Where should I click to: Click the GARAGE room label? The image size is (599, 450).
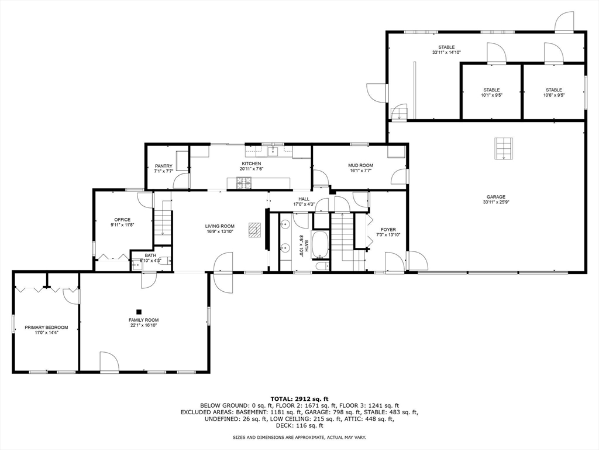(x=495, y=197)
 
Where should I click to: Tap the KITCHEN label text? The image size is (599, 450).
(x=252, y=163)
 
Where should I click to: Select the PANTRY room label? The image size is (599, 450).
(x=163, y=166)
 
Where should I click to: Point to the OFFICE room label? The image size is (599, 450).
(x=122, y=220)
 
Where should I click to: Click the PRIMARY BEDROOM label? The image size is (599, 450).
(x=46, y=327)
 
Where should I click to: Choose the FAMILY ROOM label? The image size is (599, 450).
(x=144, y=320)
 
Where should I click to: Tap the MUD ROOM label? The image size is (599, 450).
(x=361, y=166)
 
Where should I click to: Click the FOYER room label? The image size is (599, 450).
(x=388, y=230)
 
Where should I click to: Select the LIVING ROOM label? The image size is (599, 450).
(x=219, y=226)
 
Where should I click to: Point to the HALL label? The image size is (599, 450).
(x=304, y=199)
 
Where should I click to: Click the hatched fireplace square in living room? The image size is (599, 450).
(x=255, y=229)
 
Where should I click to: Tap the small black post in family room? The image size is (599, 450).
(x=139, y=312)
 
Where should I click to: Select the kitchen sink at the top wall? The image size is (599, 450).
(x=273, y=151)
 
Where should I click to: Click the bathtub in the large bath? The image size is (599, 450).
(x=320, y=245)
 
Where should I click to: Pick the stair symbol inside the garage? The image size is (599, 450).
(x=502, y=148)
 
